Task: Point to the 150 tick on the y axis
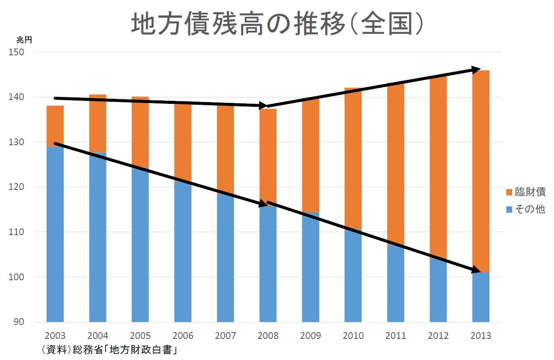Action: pyautogui.click(x=17, y=52)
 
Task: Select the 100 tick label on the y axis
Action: pyautogui.click(x=17, y=277)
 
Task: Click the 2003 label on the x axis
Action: pyautogui.click(x=55, y=336)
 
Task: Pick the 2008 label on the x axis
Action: pyautogui.click(x=268, y=336)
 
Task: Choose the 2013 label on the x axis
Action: pyautogui.click(x=480, y=336)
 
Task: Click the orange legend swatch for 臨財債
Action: pyautogui.click(x=509, y=192)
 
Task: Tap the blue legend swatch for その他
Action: pyautogui.click(x=509, y=209)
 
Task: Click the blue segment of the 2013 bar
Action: pyautogui.click(x=480, y=299)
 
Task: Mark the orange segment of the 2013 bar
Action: pyautogui.click(x=480, y=173)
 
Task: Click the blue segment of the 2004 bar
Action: pyautogui.click(x=97, y=238)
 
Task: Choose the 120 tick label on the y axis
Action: pyautogui.click(x=17, y=187)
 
